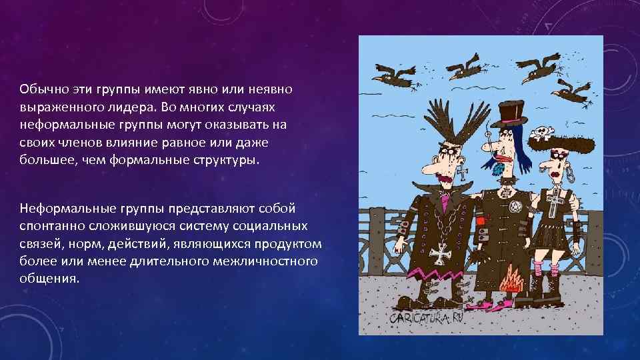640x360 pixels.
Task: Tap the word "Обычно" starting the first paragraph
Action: tap(39, 89)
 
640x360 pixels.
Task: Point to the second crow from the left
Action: tap(463, 67)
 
